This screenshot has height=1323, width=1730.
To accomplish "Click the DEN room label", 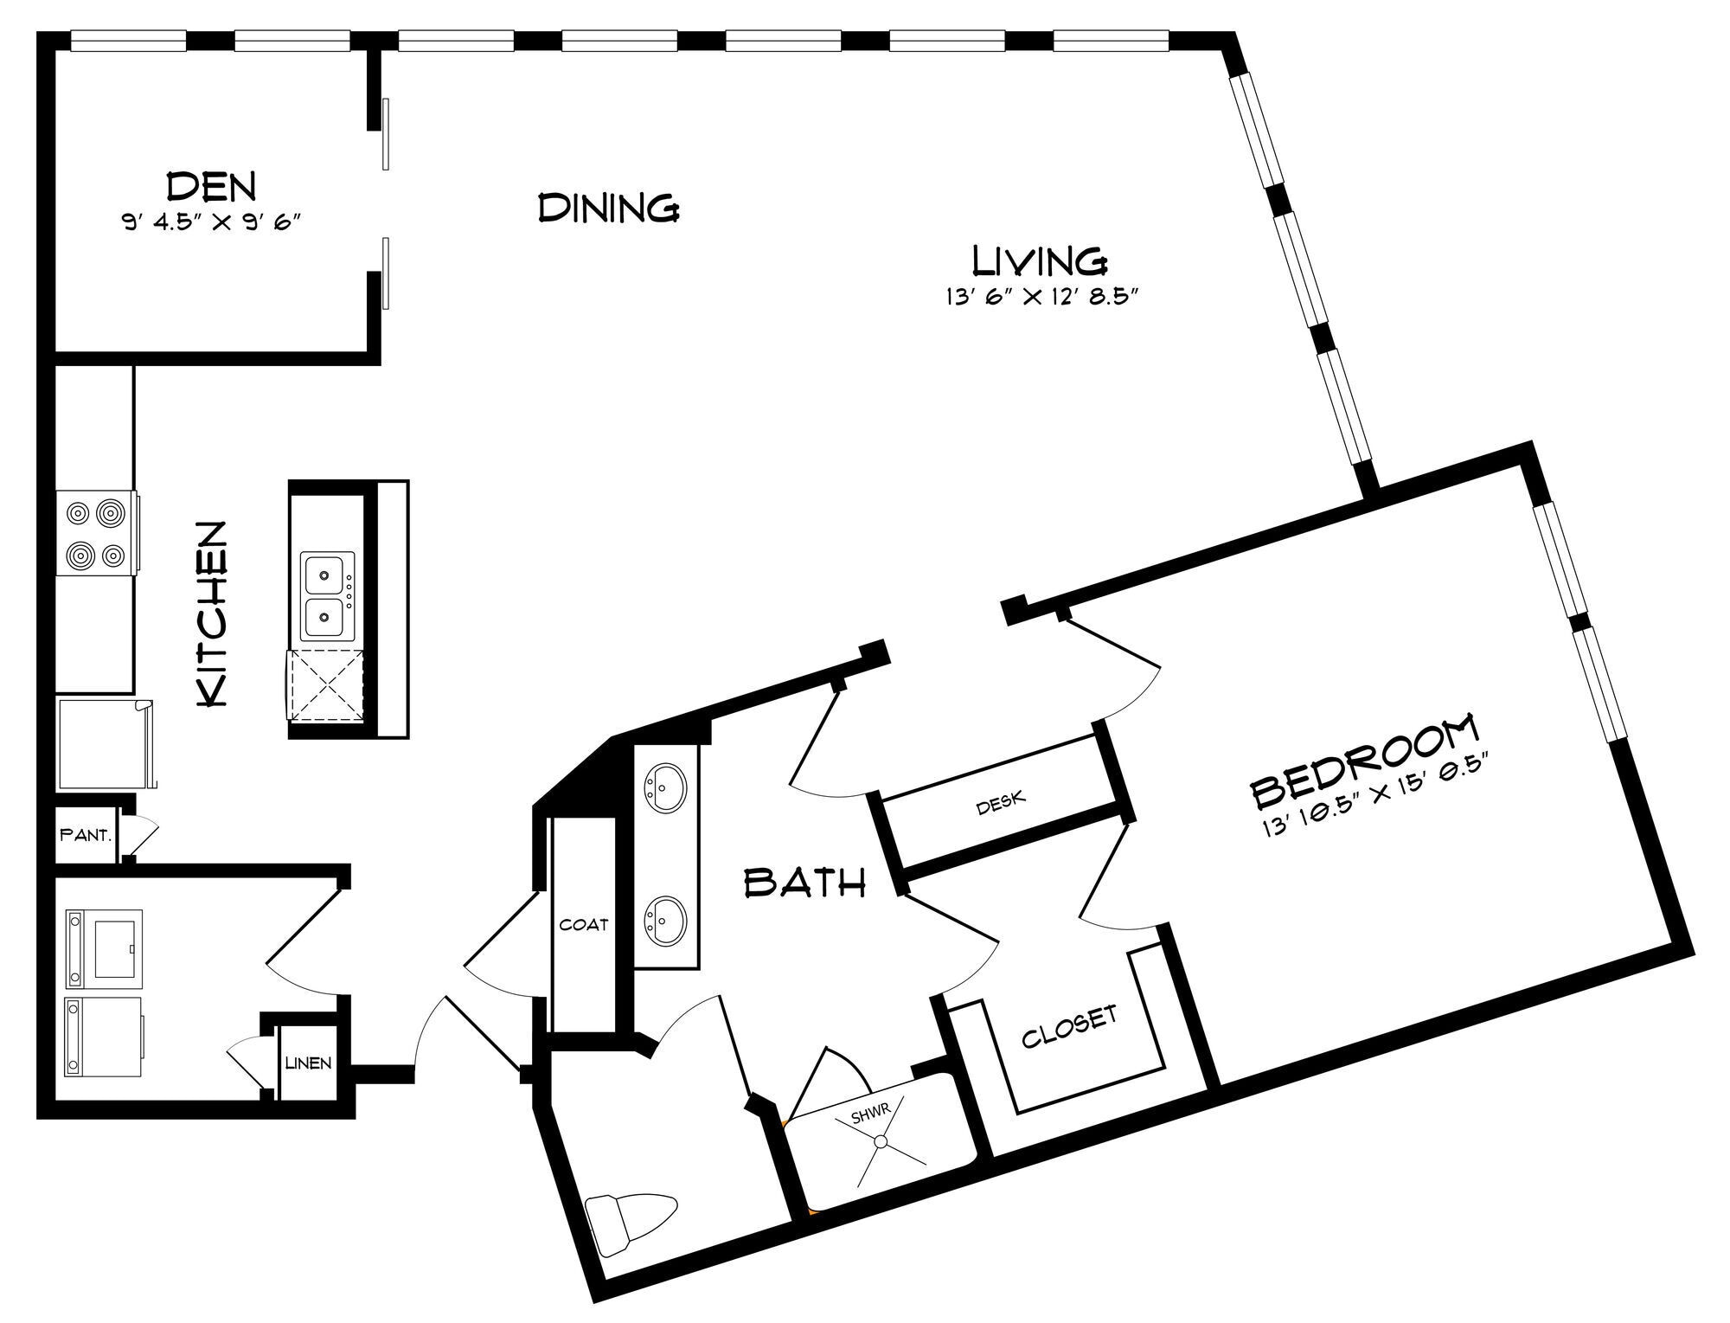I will (x=211, y=186).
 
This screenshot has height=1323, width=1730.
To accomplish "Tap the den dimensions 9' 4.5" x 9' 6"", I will (x=211, y=222).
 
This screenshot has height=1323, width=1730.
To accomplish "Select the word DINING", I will (x=608, y=209).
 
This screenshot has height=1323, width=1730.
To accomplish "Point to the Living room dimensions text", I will (x=1039, y=298).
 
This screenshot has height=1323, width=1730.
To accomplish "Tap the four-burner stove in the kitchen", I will (x=96, y=532).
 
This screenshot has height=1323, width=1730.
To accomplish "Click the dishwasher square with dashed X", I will (x=327, y=684).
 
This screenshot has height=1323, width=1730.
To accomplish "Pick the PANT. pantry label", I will (x=85, y=836).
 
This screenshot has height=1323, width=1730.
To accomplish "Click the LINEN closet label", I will (x=308, y=1063).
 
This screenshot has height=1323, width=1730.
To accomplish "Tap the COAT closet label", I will (x=584, y=924).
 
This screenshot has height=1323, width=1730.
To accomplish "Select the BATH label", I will (x=805, y=883).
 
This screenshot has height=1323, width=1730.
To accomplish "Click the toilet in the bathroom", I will (x=630, y=1221).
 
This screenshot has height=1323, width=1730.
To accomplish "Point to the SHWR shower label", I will (x=870, y=1115).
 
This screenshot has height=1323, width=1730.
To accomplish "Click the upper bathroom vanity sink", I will (x=665, y=787).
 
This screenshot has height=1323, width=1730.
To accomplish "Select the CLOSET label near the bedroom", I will (x=1069, y=1026).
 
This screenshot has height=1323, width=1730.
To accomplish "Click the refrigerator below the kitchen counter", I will (x=105, y=744).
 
